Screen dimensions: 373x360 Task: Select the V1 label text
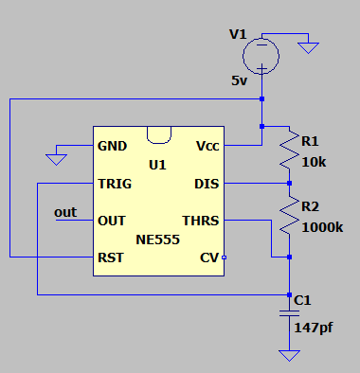pyautogui.click(x=238, y=35)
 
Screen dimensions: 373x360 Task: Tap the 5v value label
pyautogui.click(x=239, y=81)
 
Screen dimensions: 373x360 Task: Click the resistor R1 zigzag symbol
pyautogui.click(x=290, y=151)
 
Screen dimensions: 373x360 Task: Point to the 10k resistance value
pyautogui.click(x=314, y=162)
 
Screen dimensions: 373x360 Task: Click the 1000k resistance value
pyautogui.click(x=322, y=227)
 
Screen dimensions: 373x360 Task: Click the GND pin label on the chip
pyautogui.click(x=112, y=147)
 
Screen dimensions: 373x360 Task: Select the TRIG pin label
pyautogui.click(x=114, y=184)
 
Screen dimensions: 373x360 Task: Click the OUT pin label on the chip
pyautogui.click(x=111, y=221)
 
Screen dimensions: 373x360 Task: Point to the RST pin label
pyautogui.click(x=110, y=257)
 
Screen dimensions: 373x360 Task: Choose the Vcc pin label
pyautogui.click(x=207, y=147)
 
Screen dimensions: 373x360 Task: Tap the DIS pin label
pyautogui.click(x=207, y=184)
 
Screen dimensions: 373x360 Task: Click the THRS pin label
pyautogui.click(x=201, y=221)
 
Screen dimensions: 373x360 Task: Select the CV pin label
pyautogui.click(x=208, y=257)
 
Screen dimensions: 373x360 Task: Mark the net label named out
pyautogui.click(x=65, y=213)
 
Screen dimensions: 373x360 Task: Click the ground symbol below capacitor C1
pyautogui.click(x=290, y=355)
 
